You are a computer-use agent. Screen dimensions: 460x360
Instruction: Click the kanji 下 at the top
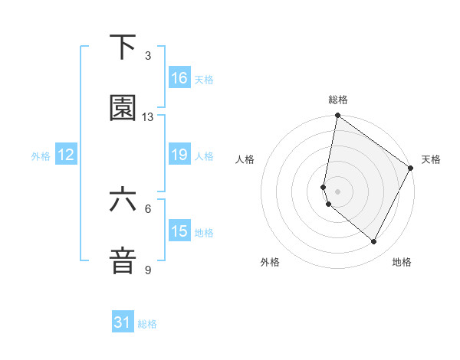point(123,47)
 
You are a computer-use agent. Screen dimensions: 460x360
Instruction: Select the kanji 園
point(123,108)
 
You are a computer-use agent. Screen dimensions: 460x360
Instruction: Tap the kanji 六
point(123,201)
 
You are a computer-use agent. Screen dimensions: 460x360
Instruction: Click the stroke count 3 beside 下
point(148,56)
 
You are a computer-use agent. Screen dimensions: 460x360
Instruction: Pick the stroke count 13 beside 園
point(148,117)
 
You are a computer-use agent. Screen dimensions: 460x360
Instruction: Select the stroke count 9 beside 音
point(148,270)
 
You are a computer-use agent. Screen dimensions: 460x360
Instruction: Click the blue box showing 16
point(179,78)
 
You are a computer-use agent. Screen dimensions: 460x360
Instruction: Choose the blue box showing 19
point(179,155)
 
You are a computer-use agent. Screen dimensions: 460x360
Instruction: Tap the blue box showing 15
point(179,231)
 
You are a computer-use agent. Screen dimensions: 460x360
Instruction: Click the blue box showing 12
point(66,155)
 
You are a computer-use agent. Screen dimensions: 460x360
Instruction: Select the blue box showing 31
point(123,323)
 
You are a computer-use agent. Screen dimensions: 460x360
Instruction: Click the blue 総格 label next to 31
point(147,324)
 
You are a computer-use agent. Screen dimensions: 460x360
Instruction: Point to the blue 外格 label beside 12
point(41,155)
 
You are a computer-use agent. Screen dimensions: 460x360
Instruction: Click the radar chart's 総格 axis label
point(338,100)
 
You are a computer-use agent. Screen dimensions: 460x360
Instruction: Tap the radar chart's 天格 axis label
point(431,159)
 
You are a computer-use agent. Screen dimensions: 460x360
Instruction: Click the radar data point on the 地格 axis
point(374,242)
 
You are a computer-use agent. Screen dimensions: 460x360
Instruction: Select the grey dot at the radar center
point(338,191)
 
